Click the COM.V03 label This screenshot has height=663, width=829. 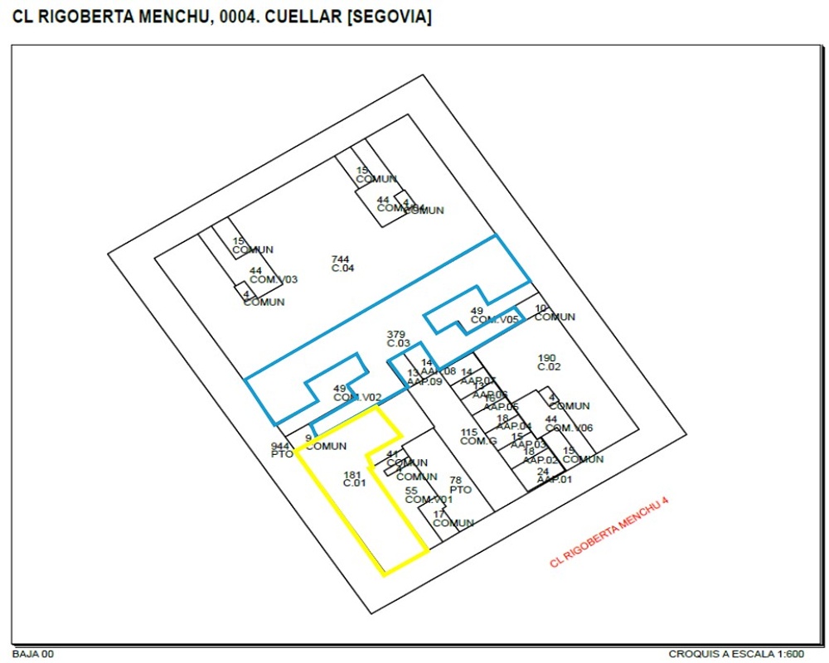point(273,279)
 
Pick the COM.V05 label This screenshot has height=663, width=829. point(494,319)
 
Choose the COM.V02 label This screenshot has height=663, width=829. point(357,397)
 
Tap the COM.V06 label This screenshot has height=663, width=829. point(569,428)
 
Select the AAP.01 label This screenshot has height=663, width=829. point(554,479)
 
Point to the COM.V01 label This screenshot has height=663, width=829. point(429,500)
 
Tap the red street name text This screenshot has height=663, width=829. point(608,535)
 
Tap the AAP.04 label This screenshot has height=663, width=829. point(514,426)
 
